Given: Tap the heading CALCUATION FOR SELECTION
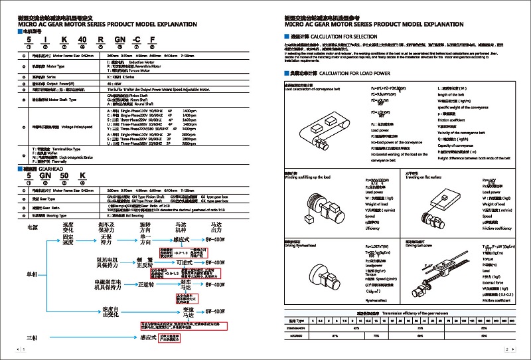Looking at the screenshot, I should pos(342,37).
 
